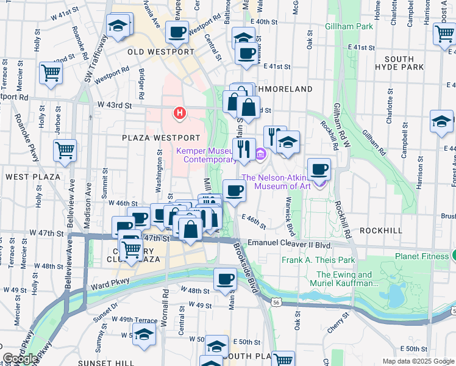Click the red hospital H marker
click(179, 113)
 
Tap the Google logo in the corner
click(20, 359)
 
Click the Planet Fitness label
click(421, 256)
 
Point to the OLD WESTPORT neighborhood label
click(161, 52)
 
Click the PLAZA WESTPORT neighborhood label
click(161, 138)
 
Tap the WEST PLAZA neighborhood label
click(33, 177)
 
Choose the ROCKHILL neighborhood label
click(381, 231)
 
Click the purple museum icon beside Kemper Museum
click(260, 152)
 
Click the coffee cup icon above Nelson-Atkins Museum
click(319, 168)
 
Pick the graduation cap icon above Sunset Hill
click(144, 335)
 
